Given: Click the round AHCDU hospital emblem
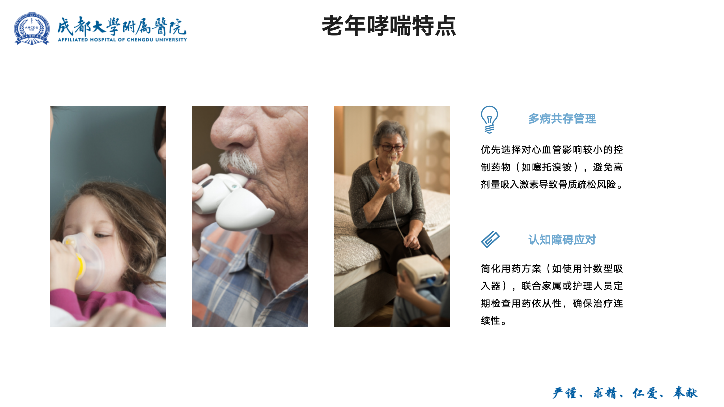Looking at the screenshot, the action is (32, 28).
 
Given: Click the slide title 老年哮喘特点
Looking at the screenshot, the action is (389, 26).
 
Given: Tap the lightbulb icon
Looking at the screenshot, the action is (489, 119).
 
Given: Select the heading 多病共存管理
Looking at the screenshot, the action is (562, 119).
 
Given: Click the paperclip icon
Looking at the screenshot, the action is (490, 239).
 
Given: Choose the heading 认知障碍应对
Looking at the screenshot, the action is (562, 240).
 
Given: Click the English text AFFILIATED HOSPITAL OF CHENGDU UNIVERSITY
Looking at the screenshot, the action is (122, 40).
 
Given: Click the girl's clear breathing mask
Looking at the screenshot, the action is (85, 263).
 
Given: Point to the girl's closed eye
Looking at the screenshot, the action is (102, 235).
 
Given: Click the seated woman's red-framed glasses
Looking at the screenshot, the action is (392, 148).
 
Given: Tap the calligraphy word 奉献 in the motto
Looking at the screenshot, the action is (685, 393).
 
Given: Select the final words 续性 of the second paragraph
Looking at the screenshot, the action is (491, 321).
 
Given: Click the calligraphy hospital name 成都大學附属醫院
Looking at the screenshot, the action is (122, 27).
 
